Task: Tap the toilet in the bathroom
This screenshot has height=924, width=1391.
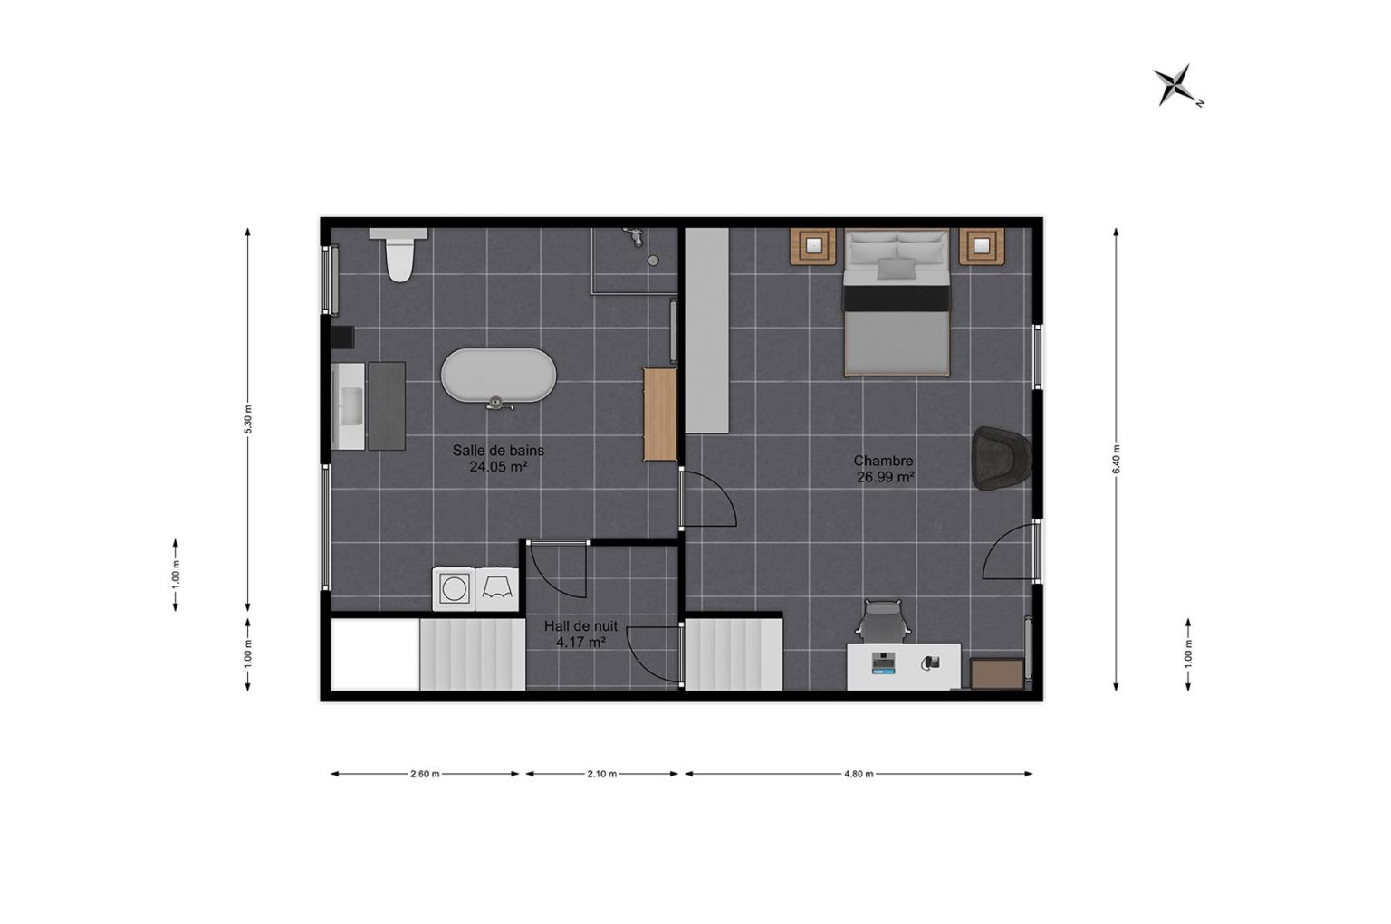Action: tap(399, 254)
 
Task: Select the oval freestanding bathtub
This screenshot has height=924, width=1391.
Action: tap(499, 376)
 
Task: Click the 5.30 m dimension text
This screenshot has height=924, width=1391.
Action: tap(248, 419)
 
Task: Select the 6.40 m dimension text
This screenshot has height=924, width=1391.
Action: tap(1116, 459)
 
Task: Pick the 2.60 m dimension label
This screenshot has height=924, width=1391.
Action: tap(425, 774)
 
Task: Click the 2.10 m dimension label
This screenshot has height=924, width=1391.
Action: tap(601, 774)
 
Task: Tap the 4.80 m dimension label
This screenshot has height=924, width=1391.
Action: tap(859, 774)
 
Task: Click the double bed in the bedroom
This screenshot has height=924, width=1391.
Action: tap(897, 303)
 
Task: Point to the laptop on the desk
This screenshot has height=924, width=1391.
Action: tap(883, 663)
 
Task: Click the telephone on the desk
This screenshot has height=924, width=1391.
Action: tap(930, 662)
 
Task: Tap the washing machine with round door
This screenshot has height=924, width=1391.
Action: tap(454, 588)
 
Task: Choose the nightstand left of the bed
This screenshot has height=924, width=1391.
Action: tap(813, 247)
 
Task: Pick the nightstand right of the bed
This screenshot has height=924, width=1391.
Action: tap(982, 247)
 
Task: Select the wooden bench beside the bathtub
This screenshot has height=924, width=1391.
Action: tap(659, 414)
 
